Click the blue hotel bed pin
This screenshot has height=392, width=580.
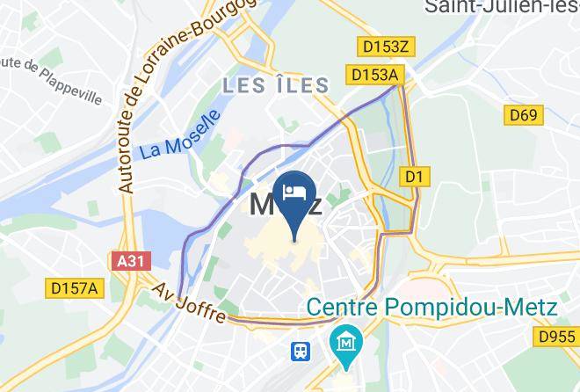(x=294, y=193)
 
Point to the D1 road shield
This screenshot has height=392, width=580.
(x=415, y=177)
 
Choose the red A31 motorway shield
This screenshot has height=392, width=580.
(x=134, y=261)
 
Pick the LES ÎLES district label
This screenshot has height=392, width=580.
(x=276, y=85)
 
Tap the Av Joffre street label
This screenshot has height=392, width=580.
(x=189, y=301)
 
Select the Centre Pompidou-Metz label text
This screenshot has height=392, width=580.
(x=432, y=309)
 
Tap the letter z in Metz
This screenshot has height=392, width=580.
(x=311, y=206)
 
